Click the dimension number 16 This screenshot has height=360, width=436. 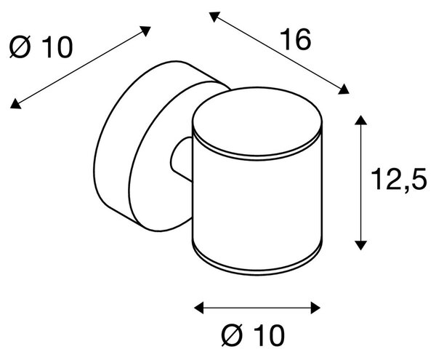coord(295,40)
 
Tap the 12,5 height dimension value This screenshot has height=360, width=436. coord(398,180)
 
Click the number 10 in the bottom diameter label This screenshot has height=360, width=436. coord(269,335)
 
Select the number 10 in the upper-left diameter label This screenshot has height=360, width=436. coord(57,47)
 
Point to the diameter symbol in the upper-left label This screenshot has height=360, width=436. coord(20,47)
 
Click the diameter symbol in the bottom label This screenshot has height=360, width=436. coord(232,335)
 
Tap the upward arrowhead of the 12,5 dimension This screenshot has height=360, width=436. coord(360,120)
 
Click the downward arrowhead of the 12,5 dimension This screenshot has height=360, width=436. coord(360,245)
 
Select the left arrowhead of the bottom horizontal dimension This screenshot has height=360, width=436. coord(199,308)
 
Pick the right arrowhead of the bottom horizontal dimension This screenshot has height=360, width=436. coord(315,308)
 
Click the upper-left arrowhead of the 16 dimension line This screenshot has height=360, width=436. coord(214,17)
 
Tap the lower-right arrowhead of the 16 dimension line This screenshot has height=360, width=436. coord(344,89)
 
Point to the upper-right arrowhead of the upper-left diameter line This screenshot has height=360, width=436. coord(145,31)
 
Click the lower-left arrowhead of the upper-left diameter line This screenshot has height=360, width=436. coord(15,104)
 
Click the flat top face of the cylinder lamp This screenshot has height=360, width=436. coord(257,121)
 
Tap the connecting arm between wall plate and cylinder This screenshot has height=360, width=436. coord(181,159)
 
